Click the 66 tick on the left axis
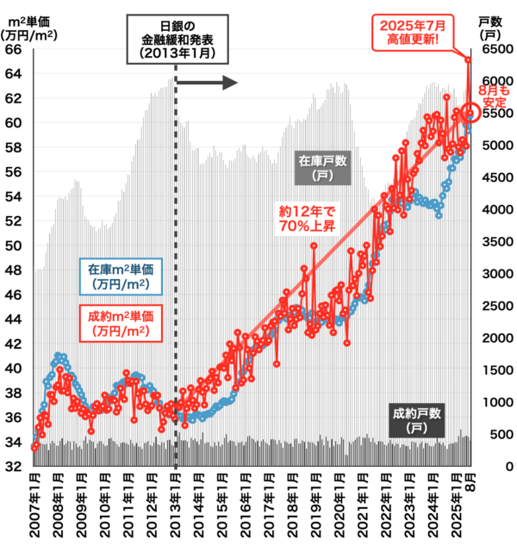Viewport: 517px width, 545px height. coord(14,49)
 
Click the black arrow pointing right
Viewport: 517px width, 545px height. coord(207,83)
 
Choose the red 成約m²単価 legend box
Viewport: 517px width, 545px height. coord(115,323)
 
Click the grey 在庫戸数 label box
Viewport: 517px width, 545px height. coord(322,169)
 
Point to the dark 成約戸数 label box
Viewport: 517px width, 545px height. coord(415,418)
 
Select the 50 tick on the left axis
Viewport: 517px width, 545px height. coord(14,245)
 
